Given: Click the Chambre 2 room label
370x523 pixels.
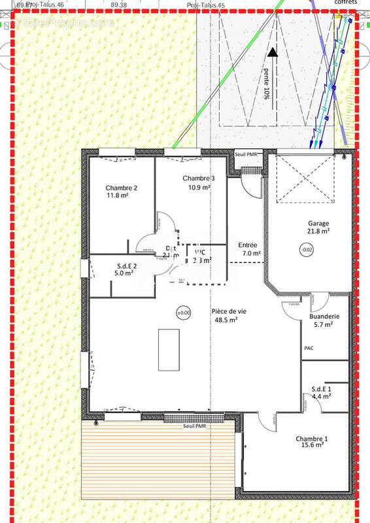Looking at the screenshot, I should tap(121, 187).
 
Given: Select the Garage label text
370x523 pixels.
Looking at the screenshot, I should tap(319, 223).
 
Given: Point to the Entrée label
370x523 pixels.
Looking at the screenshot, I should tap(248, 245).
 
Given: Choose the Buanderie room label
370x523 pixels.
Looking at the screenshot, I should tap(324, 316).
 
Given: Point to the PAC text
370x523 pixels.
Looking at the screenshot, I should tap(309, 348).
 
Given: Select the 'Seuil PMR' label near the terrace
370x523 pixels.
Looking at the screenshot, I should tap(195, 426).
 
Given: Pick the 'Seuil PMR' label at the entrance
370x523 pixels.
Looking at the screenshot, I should tap(247, 154).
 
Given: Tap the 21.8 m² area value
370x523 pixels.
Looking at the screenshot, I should tap(319, 231).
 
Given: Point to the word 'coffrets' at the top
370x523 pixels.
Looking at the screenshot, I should tap(345, 3).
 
